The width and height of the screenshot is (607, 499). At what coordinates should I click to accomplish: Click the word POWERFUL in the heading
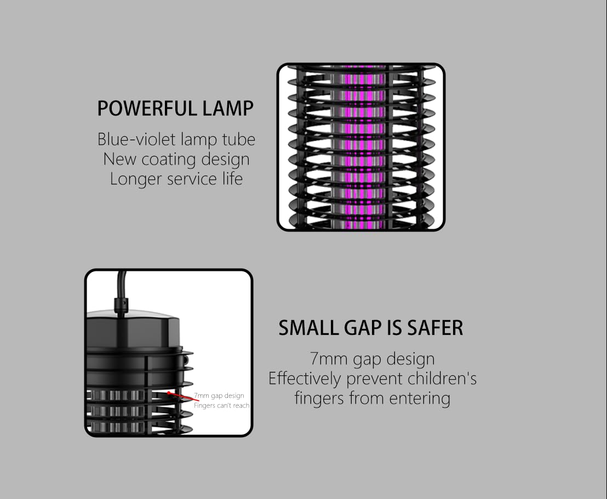pyautogui.click(x=147, y=108)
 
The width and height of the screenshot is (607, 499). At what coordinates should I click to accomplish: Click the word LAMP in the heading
pyautogui.click(x=228, y=108)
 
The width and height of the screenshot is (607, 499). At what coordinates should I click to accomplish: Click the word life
pyautogui.click(x=232, y=178)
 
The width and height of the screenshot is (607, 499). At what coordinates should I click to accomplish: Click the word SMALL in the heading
pyautogui.click(x=308, y=328)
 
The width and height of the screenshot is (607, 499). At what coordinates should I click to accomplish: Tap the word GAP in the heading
pyautogui.click(x=363, y=328)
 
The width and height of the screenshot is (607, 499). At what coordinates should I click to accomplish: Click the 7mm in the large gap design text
pyautogui.click(x=328, y=359)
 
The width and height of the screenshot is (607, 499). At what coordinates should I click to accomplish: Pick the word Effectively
pyautogui.click(x=304, y=379)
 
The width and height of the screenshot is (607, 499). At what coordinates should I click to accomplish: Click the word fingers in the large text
pyautogui.click(x=319, y=398)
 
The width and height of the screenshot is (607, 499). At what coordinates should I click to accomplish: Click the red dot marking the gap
pyautogui.click(x=169, y=393)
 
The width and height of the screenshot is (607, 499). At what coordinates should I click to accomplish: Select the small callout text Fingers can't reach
pyautogui.click(x=221, y=405)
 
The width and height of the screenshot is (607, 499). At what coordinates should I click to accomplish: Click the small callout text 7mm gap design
pyautogui.click(x=219, y=396)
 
